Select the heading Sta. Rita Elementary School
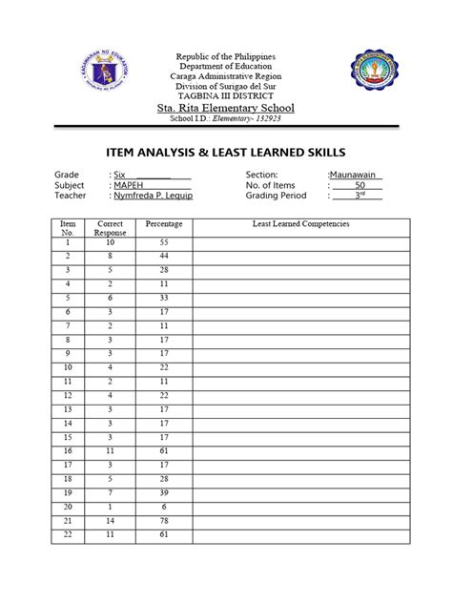click(x=225, y=109)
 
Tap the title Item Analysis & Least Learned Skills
click(x=225, y=152)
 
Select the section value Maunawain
click(x=354, y=176)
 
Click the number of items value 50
click(x=360, y=185)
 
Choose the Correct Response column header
click(x=111, y=227)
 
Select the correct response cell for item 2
click(x=111, y=257)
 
